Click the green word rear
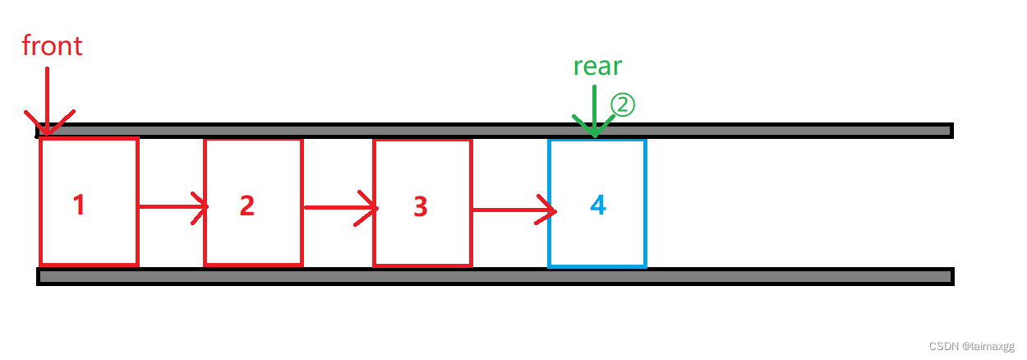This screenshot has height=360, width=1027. (x=597, y=66)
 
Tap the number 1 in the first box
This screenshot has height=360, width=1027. (x=79, y=205)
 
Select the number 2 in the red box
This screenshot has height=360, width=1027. (x=246, y=205)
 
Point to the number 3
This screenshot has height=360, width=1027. (x=421, y=206)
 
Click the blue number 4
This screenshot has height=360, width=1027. (x=598, y=205)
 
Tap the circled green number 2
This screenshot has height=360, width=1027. (x=623, y=104)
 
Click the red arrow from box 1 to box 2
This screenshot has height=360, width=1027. (x=171, y=207)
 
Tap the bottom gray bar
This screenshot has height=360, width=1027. (x=493, y=276)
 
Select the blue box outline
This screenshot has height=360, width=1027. (x=549, y=238)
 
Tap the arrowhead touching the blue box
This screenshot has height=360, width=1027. (x=549, y=210)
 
